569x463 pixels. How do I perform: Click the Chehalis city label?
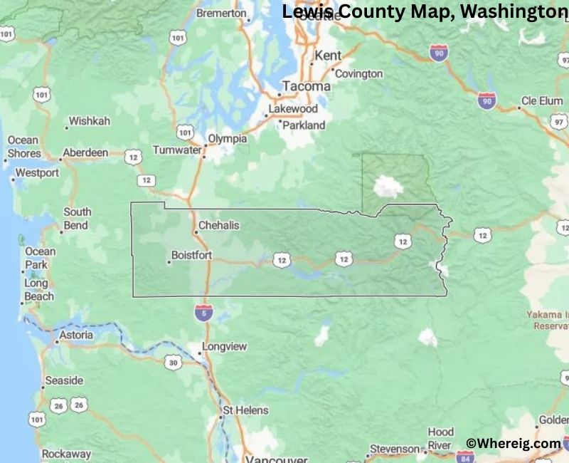(x=218, y=225)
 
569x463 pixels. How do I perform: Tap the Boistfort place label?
(x=192, y=255)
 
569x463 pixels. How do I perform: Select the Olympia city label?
(x=227, y=139)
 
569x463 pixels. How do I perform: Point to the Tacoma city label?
(x=306, y=86)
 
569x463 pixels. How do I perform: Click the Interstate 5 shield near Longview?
(x=203, y=311)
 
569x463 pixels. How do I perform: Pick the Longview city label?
(x=224, y=347)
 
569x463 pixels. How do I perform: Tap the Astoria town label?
(x=76, y=335)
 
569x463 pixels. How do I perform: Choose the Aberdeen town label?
(x=85, y=152)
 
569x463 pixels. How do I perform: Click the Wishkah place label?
(x=90, y=121)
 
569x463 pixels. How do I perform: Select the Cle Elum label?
(x=542, y=101)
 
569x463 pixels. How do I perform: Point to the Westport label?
(x=37, y=172)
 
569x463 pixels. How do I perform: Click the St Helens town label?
(x=245, y=410)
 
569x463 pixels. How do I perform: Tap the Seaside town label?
(x=64, y=380)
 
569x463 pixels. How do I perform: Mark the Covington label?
(x=358, y=74)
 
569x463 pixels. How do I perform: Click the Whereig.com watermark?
(x=514, y=443)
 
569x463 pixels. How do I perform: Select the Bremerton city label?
(x=220, y=13)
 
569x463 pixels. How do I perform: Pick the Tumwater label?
(x=177, y=150)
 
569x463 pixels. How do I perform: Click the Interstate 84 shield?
(x=465, y=456)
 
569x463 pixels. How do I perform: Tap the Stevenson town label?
(x=395, y=449)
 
